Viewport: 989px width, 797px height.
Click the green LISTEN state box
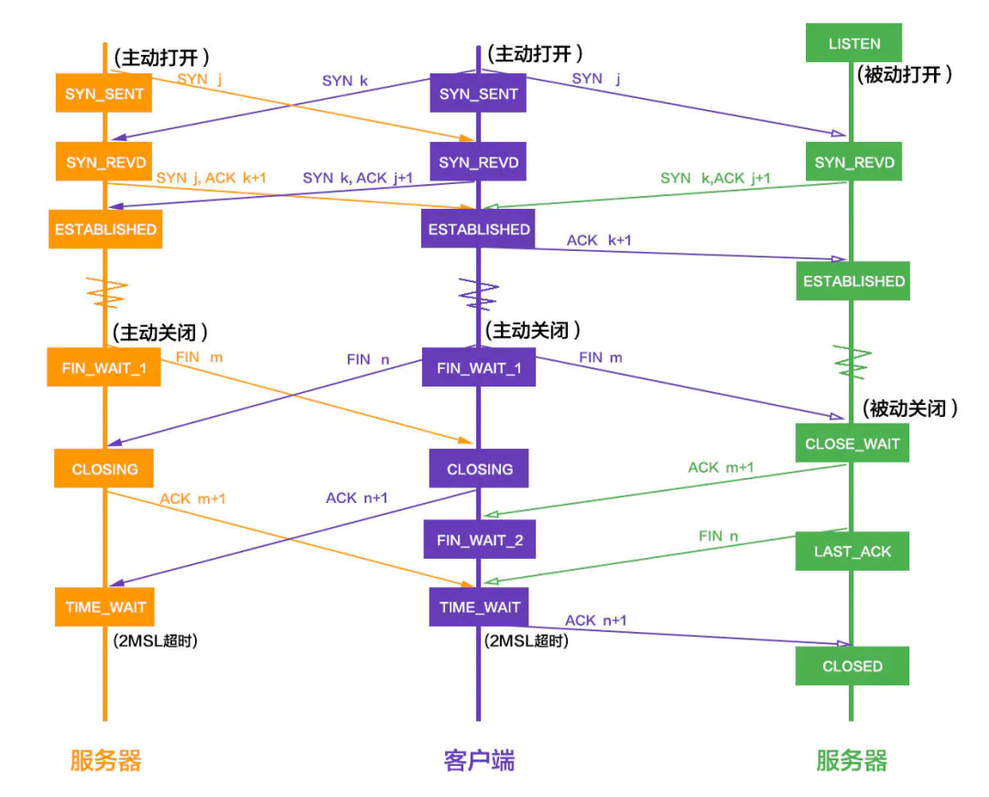tap(853, 43)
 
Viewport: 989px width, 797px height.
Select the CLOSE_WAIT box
tap(852, 443)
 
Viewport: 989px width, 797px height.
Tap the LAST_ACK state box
tap(852, 551)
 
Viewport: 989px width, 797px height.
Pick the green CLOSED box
tap(852, 666)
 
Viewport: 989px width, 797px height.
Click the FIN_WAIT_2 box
tap(480, 540)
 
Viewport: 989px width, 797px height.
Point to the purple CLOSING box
tap(479, 469)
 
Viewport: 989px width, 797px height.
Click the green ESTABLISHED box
tap(853, 281)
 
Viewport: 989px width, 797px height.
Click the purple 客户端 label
tap(479, 760)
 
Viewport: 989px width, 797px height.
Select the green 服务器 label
tap(852, 760)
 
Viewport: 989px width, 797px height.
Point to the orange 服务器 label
tap(105, 760)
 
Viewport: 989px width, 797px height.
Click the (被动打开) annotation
tap(905, 75)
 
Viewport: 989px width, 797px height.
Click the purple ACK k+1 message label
tap(599, 240)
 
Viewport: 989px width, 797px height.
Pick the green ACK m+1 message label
tap(721, 467)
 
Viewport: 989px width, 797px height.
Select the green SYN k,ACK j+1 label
tap(715, 178)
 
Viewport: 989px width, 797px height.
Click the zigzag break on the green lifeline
tap(853, 363)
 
